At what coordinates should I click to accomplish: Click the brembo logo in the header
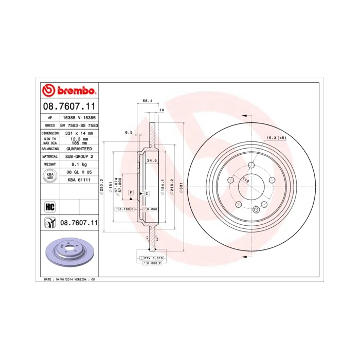(69, 91)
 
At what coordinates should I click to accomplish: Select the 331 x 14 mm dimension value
(79, 133)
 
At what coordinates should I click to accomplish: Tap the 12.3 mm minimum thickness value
(79, 139)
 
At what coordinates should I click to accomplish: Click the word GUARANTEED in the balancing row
(79, 148)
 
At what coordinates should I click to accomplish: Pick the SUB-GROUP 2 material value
(79, 156)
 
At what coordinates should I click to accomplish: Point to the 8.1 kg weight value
(79, 165)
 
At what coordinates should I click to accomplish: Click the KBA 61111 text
(79, 181)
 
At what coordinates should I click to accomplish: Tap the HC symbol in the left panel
(50, 207)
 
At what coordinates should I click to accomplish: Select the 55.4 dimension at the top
(148, 101)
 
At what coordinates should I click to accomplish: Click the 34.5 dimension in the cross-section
(152, 161)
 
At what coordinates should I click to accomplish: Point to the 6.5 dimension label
(129, 132)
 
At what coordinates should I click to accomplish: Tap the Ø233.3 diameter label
(102, 186)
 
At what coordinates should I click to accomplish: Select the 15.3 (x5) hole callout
(276, 138)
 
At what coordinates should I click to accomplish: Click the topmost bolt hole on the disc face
(251, 165)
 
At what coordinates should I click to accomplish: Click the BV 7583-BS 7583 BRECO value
(79, 125)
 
